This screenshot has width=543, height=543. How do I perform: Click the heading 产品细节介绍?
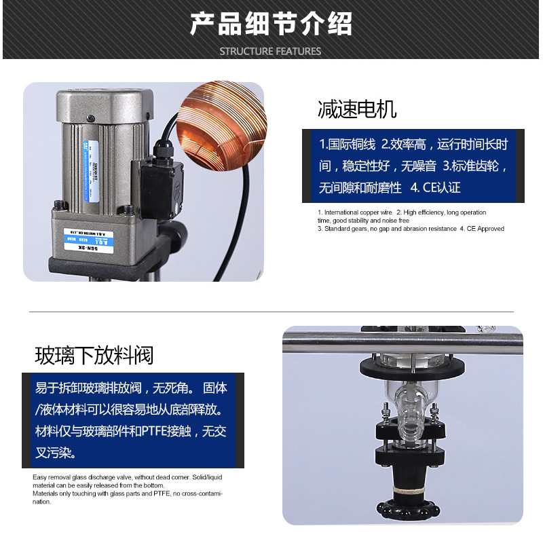271,23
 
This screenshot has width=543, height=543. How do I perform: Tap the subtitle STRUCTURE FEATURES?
271,51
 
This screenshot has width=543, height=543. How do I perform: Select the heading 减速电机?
357,109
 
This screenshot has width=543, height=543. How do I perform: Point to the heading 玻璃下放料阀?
94,355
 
